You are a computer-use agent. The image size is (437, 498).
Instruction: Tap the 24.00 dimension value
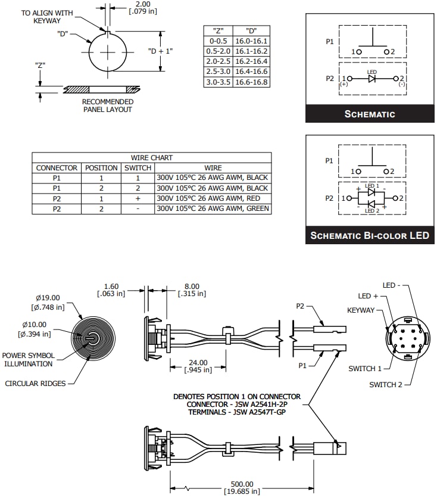(x=198, y=362)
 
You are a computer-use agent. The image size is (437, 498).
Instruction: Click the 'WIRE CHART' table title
(x=152, y=158)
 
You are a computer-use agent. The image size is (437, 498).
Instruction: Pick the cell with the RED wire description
(x=213, y=198)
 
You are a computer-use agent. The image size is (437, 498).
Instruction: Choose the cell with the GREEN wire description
(x=213, y=208)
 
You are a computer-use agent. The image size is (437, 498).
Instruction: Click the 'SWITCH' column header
(x=138, y=168)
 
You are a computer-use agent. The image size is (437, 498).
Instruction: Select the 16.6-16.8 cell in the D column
(x=251, y=82)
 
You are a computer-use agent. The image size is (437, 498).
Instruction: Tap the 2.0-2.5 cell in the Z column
(x=218, y=61)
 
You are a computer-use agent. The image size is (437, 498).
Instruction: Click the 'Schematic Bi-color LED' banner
(x=370, y=235)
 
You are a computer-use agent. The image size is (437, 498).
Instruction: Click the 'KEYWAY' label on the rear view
(x=361, y=310)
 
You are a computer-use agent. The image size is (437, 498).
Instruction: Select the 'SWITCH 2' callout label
(x=386, y=384)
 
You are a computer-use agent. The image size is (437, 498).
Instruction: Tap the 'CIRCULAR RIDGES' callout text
(x=35, y=383)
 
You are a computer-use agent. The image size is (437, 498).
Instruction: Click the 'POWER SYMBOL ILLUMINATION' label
(x=29, y=359)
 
